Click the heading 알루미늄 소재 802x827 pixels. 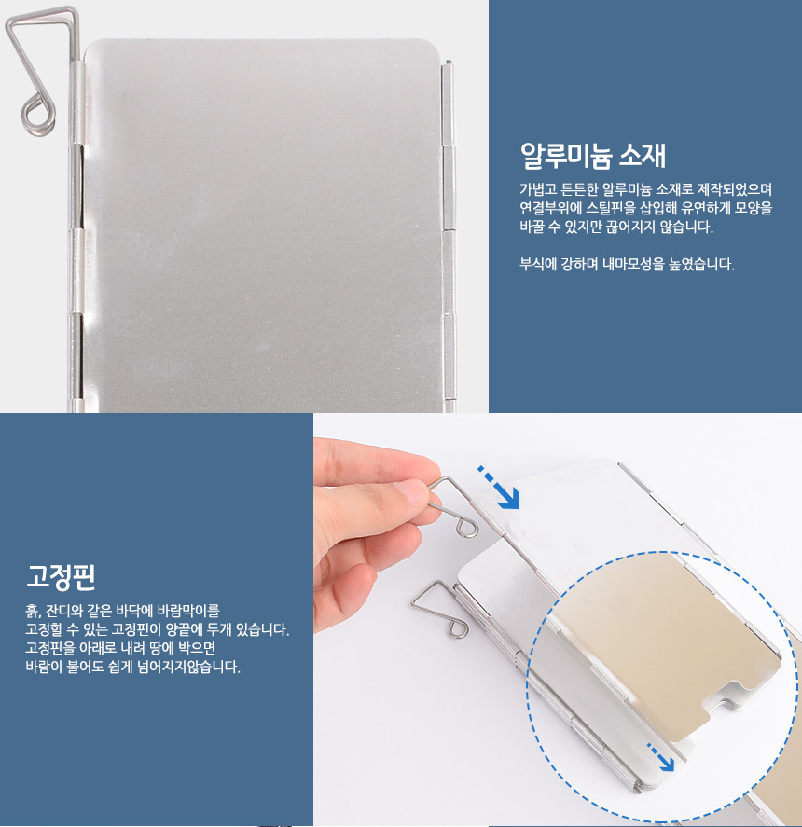(x=592, y=155)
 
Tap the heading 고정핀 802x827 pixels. (x=61, y=576)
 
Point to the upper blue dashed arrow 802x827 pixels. (x=499, y=488)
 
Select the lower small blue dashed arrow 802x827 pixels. (x=660, y=757)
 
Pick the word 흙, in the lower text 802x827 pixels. (x=34, y=611)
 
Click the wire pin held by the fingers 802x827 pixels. (x=452, y=505)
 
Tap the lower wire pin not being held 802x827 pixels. (x=439, y=609)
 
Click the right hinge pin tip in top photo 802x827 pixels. (x=448, y=62)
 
